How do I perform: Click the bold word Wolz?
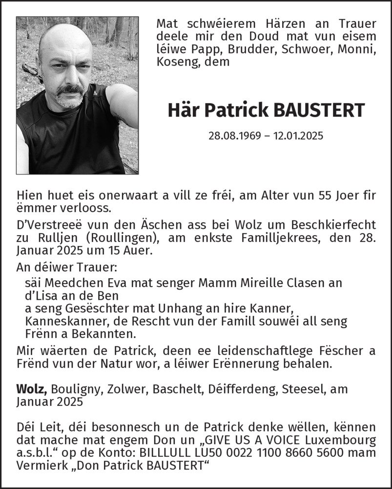coord(32,389)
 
